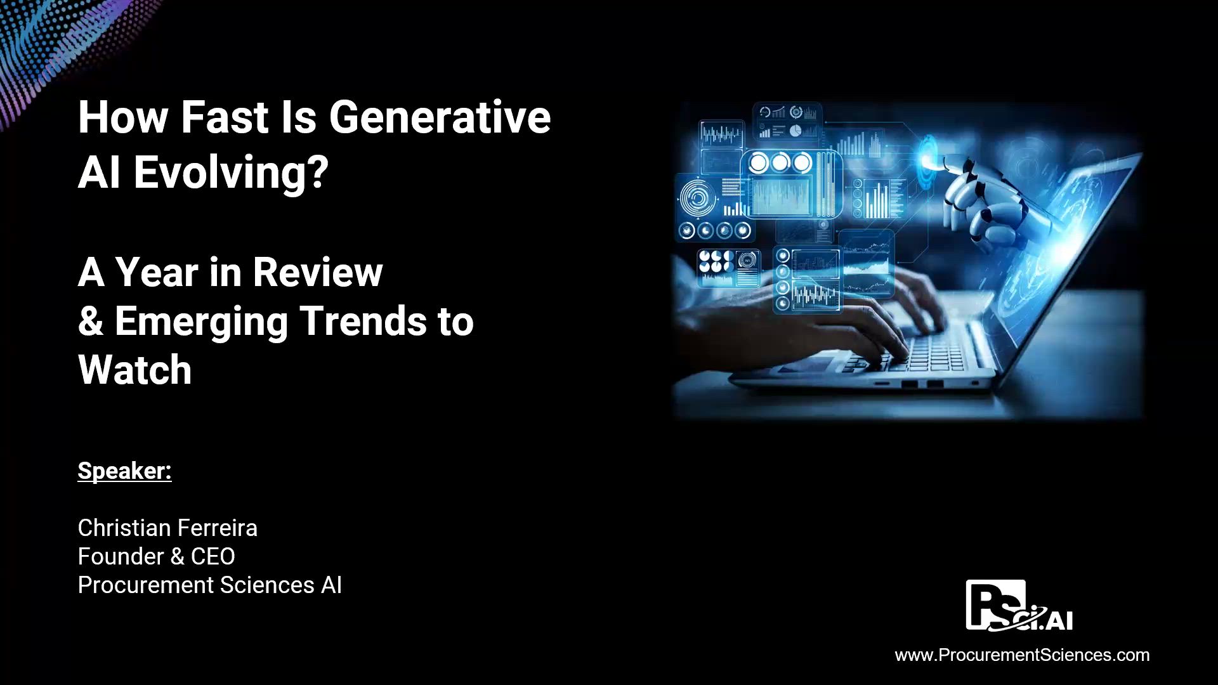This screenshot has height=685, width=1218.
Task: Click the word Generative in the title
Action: click(439, 117)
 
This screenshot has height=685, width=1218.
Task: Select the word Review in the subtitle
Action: click(318, 272)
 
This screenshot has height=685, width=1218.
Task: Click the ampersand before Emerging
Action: click(91, 321)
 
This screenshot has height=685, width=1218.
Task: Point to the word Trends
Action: click(363, 321)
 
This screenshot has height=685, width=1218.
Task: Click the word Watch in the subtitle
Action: click(134, 370)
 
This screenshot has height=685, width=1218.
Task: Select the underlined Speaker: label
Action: click(124, 471)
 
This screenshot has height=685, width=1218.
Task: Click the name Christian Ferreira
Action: click(167, 528)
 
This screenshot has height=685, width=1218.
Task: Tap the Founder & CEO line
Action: click(156, 556)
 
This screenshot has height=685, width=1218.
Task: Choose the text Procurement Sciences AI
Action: click(209, 585)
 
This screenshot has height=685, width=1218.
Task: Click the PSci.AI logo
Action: click(1019, 606)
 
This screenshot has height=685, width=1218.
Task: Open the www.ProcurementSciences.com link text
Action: click(1022, 655)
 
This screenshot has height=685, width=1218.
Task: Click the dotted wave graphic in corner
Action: click(57, 44)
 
